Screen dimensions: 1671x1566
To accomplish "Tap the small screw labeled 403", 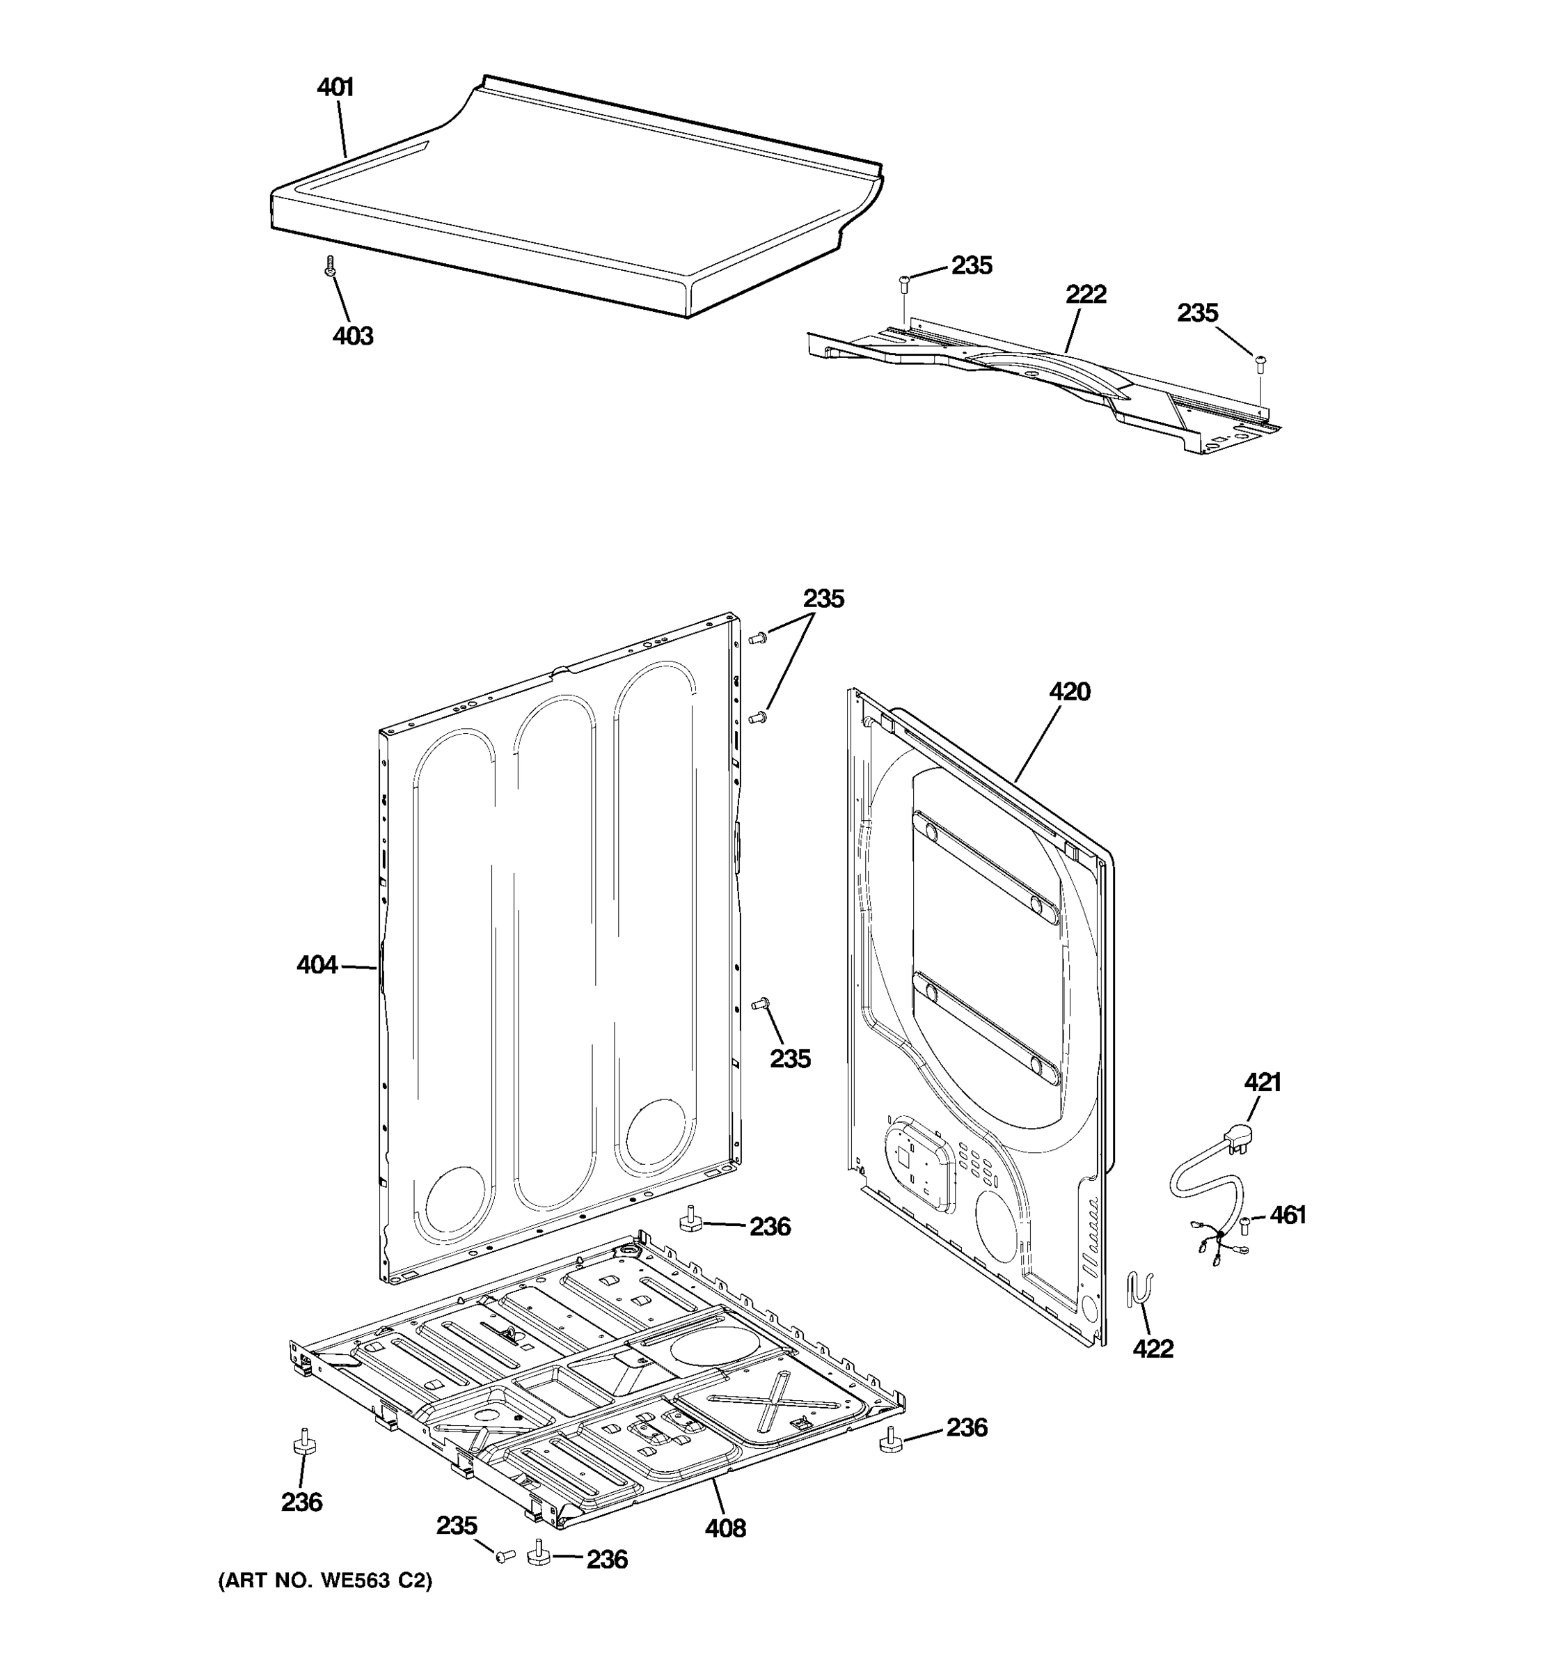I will [329, 267].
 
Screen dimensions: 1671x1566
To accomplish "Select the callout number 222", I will [1086, 295].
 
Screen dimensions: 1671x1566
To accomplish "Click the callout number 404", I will [317, 966].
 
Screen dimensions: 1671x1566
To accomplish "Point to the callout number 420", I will [1068, 692].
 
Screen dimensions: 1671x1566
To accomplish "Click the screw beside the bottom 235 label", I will [505, 1558].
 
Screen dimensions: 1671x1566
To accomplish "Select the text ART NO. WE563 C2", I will [325, 1581].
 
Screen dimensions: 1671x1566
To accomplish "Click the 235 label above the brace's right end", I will [1196, 313].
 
